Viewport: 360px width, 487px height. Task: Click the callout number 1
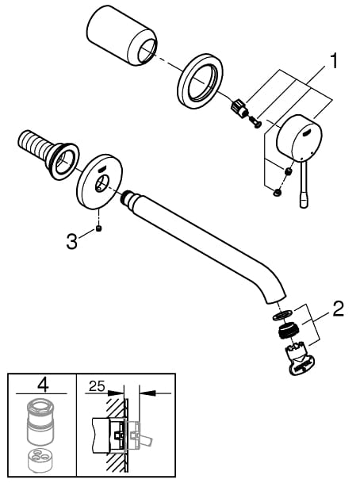pos(333,61)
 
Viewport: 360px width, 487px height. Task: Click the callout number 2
pos(339,309)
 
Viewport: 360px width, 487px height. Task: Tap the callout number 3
pos(71,241)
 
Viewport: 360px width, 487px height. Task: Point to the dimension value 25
pos(97,386)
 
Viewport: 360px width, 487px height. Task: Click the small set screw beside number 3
pos(99,229)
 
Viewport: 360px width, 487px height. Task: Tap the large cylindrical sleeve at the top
pos(122,35)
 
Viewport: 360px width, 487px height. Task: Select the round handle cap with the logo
pos(299,138)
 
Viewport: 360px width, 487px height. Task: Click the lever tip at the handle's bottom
pos(304,201)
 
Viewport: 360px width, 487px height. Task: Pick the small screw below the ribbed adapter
pos(256,123)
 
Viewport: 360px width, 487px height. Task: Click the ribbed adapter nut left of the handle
pos(239,108)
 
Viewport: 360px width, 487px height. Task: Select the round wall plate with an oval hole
pos(99,182)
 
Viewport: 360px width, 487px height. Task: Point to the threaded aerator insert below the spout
pos(288,331)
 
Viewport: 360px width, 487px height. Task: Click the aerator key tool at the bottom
pos(299,359)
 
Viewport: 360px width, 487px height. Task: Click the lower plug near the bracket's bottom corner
pos(277,193)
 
